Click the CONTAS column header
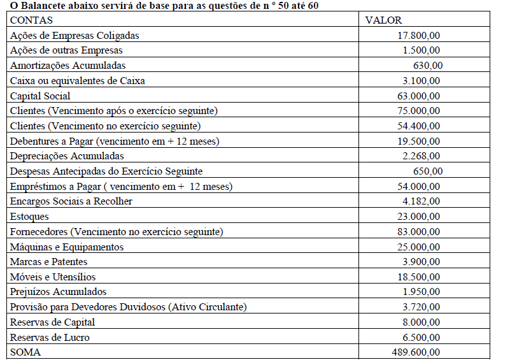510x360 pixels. [x=32, y=20]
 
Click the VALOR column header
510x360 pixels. [x=384, y=20]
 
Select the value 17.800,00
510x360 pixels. [x=418, y=35]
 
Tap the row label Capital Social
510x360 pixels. [x=40, y=96]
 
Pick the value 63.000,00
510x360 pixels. [x=418, y=96]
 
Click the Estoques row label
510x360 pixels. [x=29, y=216]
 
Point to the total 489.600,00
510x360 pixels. [x=415, y=352]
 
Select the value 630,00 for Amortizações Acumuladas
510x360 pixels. [x=428, y=65]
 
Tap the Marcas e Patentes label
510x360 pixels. [x=49, y=261]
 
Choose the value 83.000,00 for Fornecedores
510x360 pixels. [x=418, y=231]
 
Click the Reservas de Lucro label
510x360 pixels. [x=50, y=337]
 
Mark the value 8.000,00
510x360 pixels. [x=420, y=322]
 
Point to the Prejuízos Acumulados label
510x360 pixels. [x=59, y=291]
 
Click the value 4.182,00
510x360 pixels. [x=420, y=201]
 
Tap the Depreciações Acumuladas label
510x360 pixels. [x=67, y=155]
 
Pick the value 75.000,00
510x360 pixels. [x=418, y=110]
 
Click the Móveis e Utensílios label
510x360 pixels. [x=53, y=277]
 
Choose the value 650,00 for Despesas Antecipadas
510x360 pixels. [x=428, y=171]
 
